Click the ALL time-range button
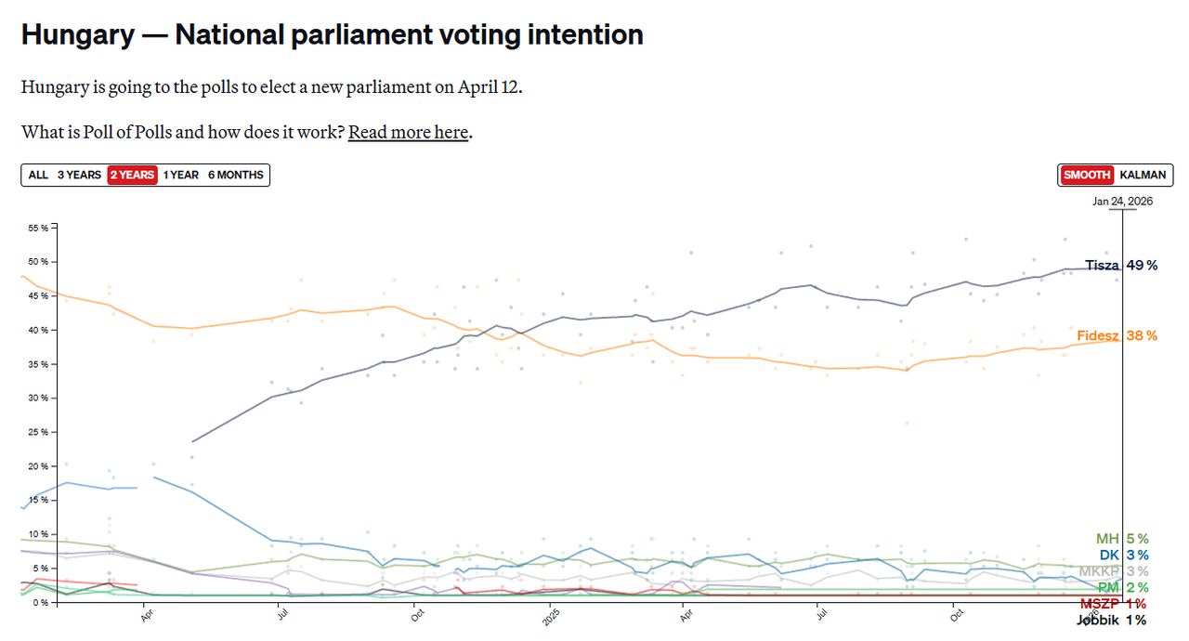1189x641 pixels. click(38, 175)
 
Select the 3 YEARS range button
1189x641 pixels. click(79, 175)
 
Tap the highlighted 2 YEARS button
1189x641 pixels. click(132, 175)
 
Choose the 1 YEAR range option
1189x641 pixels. click(181, 175)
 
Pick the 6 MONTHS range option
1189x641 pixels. click(236, 175)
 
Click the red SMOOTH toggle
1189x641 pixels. click(1087, 175)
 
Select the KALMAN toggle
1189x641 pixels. click(1143, 175)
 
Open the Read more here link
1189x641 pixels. click(408, 132)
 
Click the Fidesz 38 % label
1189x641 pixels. click(1117, 335)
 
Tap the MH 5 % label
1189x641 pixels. click(1122, 539)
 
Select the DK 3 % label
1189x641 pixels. click(1123, 555)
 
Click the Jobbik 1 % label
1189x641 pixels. click(1111, 620)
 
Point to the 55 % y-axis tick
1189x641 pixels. click(38, 228)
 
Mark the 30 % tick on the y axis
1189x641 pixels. click(38, 398)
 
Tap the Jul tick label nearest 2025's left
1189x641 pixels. click(278, 614)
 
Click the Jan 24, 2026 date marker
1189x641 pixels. click(1122, 201)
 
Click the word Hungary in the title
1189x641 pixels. click(77, 34)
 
